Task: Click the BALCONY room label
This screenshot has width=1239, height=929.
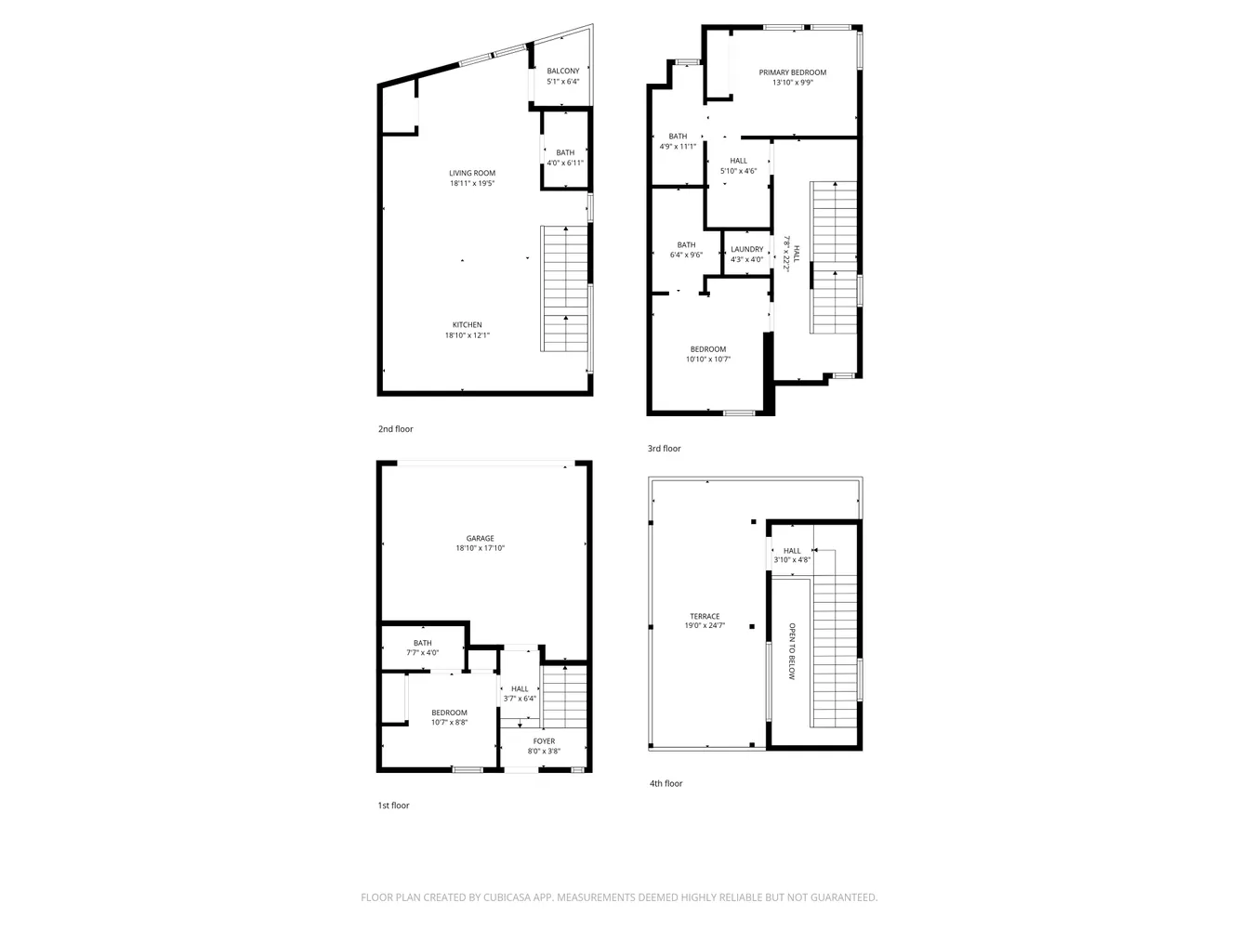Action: click(x=562, y=72)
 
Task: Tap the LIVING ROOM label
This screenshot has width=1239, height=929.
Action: click(x=472, y=173)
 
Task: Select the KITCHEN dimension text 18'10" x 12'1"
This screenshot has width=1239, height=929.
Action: click(x=467, y=335)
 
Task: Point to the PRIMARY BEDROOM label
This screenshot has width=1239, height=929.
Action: click(x=792, y=72)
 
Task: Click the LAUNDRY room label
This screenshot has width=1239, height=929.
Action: click(x=746, y=249)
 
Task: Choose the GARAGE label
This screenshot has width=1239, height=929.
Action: click(x=480, y=538)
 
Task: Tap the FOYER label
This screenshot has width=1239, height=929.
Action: click(x=544, y=741)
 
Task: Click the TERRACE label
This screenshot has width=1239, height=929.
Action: click(x=705, y=616)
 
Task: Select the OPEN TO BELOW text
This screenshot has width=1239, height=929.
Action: click(x=791, y=651)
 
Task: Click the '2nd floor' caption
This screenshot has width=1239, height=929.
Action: click(x=396, y=428)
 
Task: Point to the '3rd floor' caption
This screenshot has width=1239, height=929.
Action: click(x=664, y=449)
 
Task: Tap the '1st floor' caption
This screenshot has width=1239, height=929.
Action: click(x=393, y=805)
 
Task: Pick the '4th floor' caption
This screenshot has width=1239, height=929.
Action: click(x=666, y=783)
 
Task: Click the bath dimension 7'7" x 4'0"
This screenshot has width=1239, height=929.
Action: click(x=422, y=652)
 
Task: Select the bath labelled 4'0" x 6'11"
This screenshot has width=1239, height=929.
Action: click(x=565, y=163)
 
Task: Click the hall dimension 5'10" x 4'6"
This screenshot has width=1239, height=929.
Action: click(x=738, y=171)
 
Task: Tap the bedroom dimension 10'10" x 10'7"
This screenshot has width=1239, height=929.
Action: click(x=708, y=360)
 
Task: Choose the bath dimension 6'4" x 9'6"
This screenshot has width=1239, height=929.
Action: click(x=686, y=255)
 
